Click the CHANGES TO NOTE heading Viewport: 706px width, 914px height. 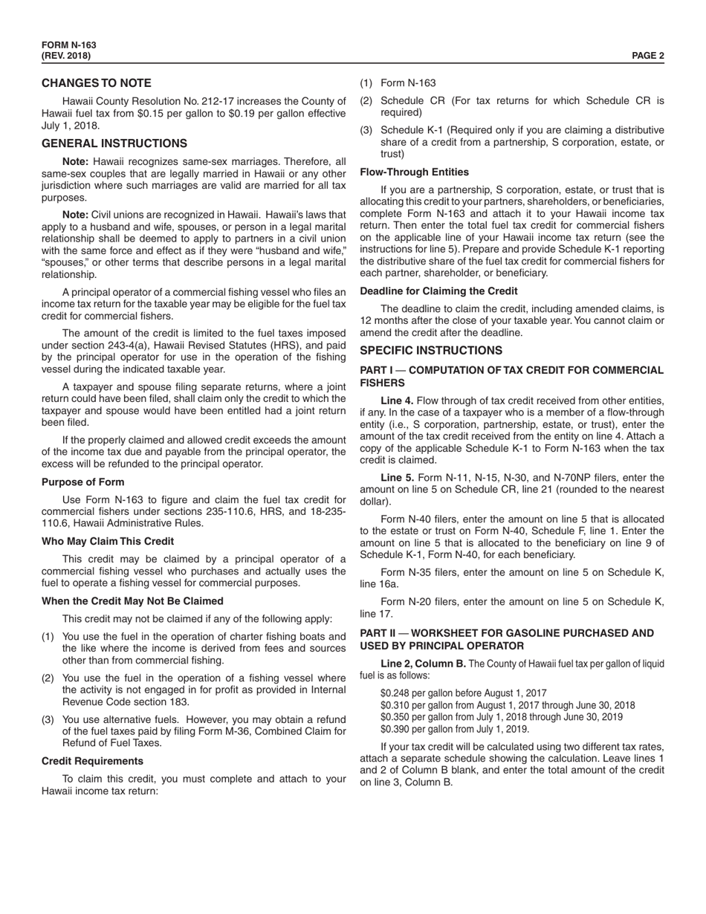pyautogui.click(x=97, y=83)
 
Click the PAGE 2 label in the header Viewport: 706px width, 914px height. pyautogui.click(x=647, y=56)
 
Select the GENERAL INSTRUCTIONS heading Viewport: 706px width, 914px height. pyautogui.click(x=114, y=143)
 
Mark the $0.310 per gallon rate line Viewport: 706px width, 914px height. pyautogui.click(x=507, y=705)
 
